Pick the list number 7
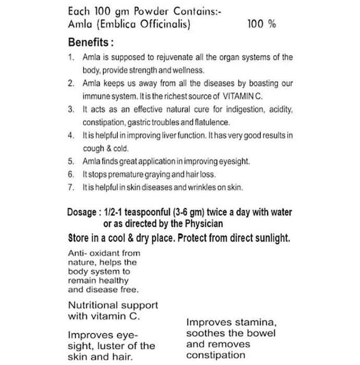click(71, 187)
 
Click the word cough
click(93, 148)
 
